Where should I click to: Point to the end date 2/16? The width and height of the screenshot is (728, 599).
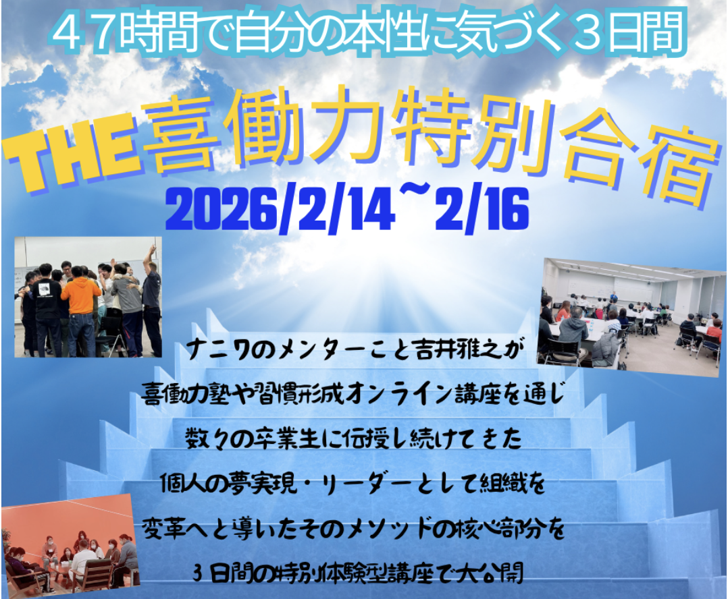coord(482,210)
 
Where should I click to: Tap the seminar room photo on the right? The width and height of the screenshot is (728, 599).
coord(632,318)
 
